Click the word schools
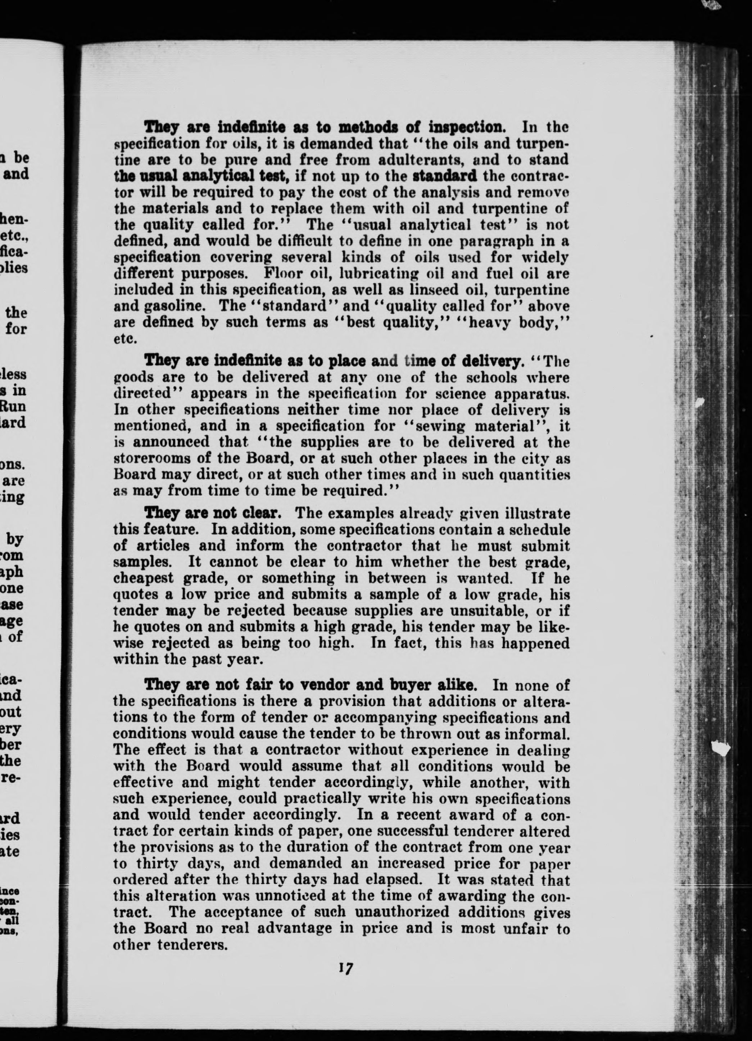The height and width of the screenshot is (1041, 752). (x=469, y=377)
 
